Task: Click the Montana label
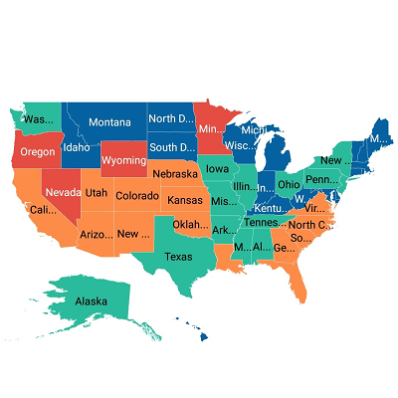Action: click(109, 122)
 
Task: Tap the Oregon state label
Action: click(38, 152)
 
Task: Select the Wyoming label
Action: click(123, 160)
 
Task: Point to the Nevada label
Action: click(64, 192)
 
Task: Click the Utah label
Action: click(97, 192)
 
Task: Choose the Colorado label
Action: click(136, 196)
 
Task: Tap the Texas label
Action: click(178, 256)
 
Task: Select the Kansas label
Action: click(185, 200)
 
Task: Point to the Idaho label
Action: click(77, 148)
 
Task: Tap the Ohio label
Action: click(289, 184)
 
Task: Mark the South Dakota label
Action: click(171, 148)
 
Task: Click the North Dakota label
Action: click(171, 119)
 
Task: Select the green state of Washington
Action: click(38, 118)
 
